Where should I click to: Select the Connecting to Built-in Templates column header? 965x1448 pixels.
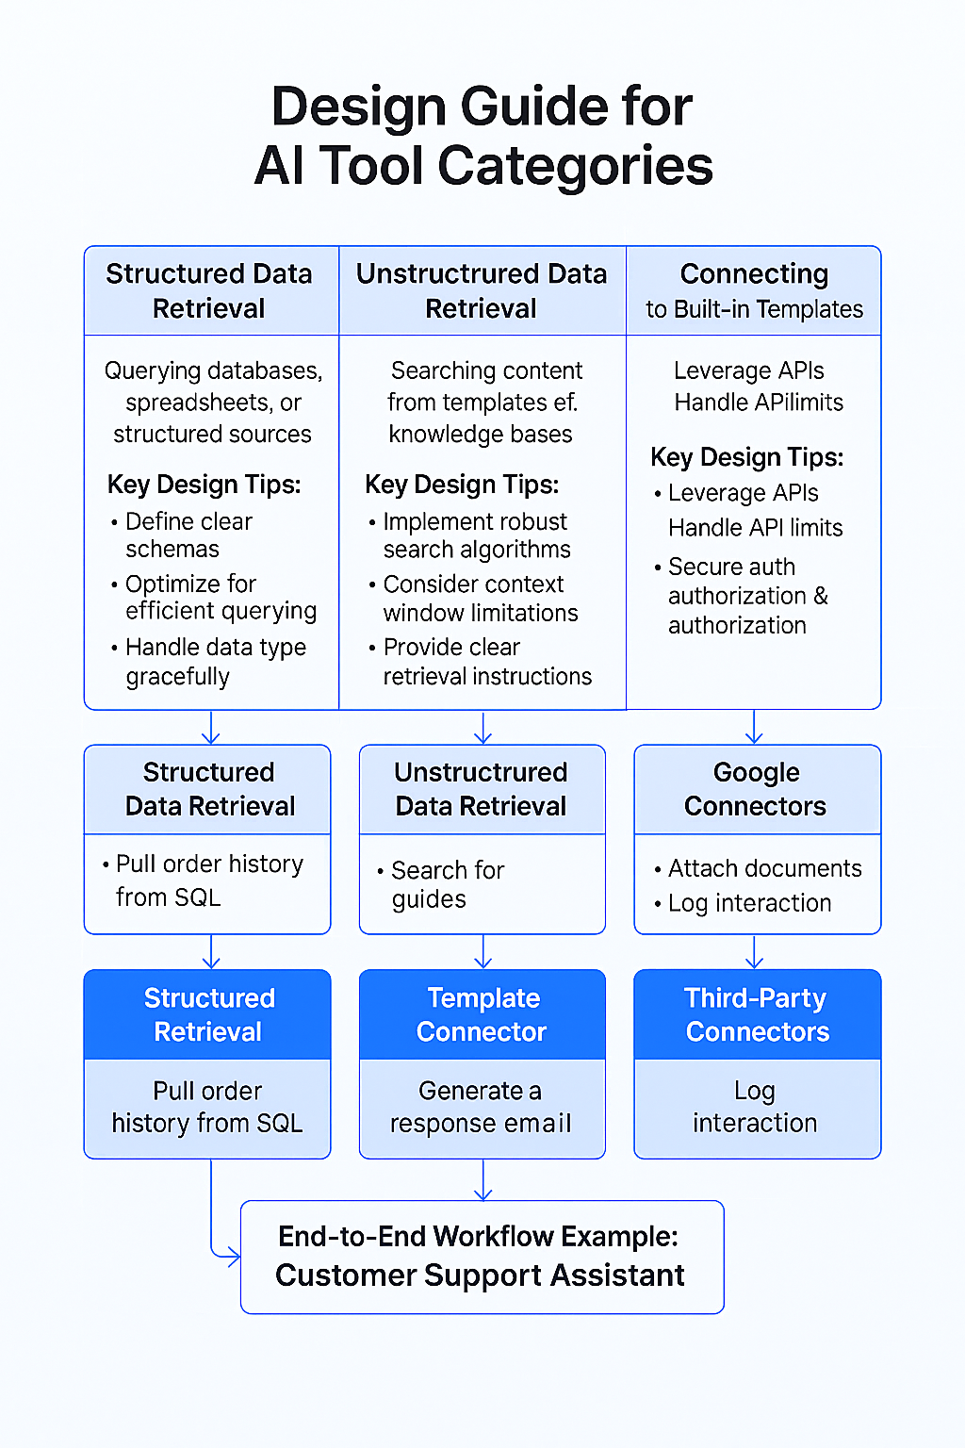754,290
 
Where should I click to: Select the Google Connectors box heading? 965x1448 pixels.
756,789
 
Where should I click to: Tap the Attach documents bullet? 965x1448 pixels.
764,868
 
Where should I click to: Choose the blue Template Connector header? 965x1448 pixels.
482,1014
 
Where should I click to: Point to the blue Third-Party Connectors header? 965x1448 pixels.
757,1014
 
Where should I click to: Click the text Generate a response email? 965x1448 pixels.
481,1107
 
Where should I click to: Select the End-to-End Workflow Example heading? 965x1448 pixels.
479,1236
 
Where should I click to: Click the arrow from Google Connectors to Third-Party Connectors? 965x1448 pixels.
755,952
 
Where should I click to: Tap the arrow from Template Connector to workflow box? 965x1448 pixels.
483,1180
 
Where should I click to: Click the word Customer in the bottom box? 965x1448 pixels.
345,1275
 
